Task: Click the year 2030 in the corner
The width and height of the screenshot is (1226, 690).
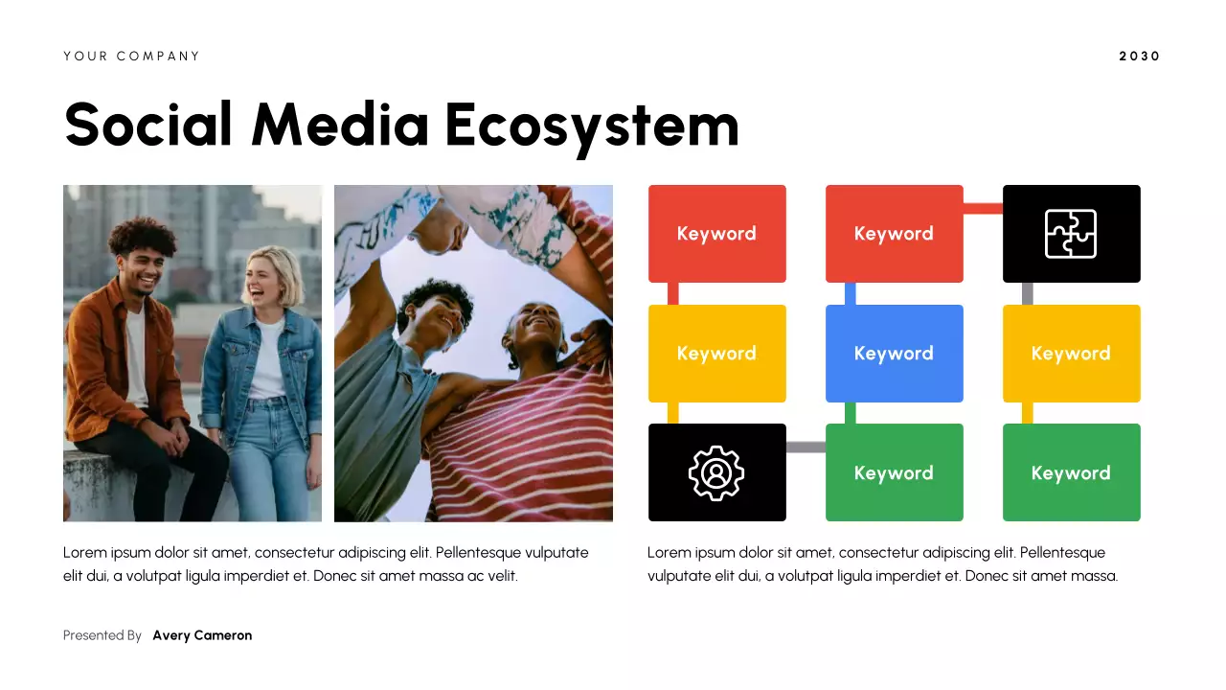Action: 1139,57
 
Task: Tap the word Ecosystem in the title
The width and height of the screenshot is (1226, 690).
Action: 592,125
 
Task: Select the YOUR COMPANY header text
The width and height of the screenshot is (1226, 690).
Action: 132,57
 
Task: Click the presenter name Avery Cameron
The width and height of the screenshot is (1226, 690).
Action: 202,635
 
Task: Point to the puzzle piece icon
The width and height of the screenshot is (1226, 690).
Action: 1071,234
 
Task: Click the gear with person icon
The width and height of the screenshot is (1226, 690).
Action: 716,472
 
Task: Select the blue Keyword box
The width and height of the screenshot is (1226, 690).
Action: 894,354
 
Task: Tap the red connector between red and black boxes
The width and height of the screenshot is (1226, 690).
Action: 983,208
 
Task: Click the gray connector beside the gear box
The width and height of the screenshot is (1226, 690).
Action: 806,448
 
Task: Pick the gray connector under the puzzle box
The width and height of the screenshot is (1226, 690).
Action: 1028,293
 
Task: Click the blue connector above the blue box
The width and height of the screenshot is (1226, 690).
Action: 851,293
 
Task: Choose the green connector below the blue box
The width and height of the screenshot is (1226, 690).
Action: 851,413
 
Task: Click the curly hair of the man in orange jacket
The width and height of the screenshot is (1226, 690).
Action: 141,234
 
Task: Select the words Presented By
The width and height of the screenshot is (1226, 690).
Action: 102,635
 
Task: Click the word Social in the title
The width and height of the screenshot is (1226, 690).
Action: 148,125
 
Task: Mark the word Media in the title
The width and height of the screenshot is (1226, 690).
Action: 340,125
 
